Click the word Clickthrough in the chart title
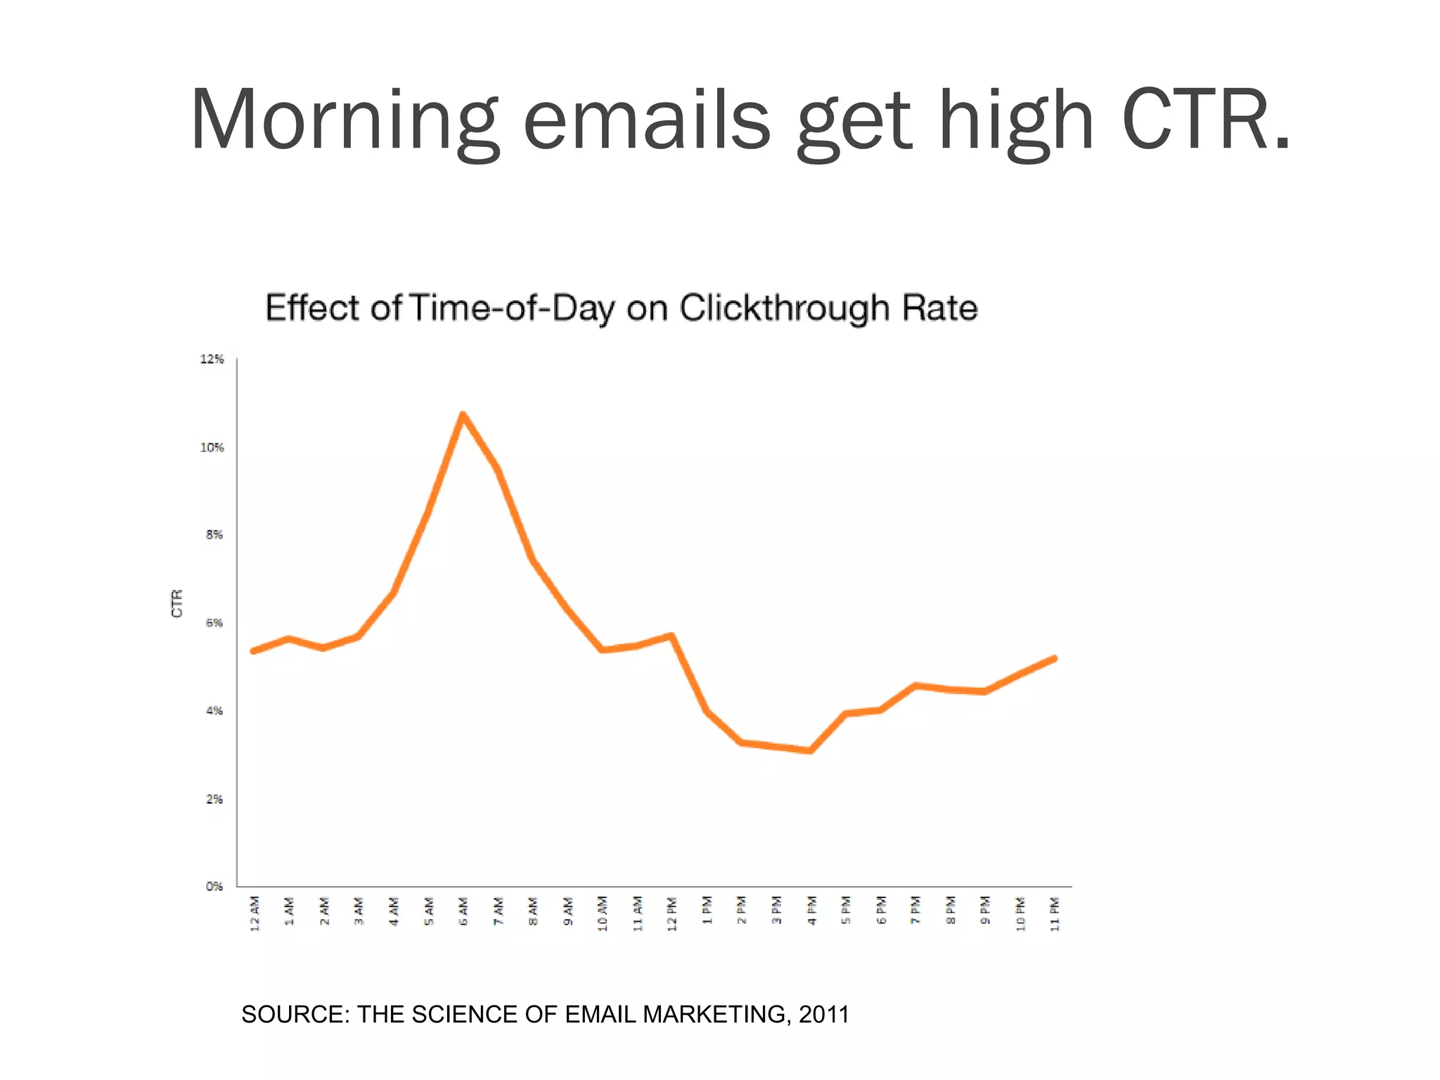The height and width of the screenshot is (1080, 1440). (x=785, y=308)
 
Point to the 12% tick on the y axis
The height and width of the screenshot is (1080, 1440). (x=212, y=359)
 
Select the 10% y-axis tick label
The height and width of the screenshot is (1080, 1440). (x=212, y=447)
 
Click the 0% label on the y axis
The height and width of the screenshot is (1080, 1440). (x=214, y=886)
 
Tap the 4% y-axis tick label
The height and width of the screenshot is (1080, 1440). (x=214, y=711)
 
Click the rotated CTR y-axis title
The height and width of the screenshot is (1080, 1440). (x=177, y=603)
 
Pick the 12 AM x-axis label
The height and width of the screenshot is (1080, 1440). (x=255, y=913)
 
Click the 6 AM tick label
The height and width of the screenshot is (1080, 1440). (x=463, y=911)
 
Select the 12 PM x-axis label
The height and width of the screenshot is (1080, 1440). (x=672, y=913)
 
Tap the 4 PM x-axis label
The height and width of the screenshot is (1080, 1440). (x=811, y=911)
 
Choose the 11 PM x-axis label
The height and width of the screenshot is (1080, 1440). (x=1055, y=913)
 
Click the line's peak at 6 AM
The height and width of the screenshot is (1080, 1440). (x=463, y=415)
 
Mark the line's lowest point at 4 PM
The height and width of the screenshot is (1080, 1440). (x=811, y=751)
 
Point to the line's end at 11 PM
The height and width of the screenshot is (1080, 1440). (x=1054, y=658)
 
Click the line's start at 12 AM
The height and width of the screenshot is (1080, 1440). (x=254, y=651)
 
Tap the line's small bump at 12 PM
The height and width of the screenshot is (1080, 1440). (x=671, y=636)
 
